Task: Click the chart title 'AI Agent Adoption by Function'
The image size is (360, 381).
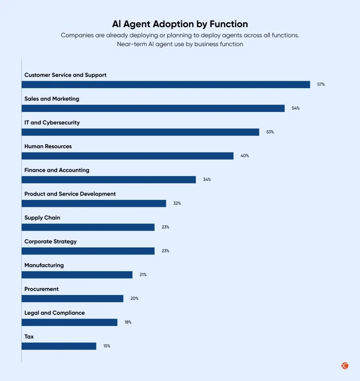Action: coord(180,24)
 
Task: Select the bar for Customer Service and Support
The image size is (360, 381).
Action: coord(165,84)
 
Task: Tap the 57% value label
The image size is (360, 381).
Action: coord(321,84)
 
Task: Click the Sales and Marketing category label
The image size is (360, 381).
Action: coord(52,99)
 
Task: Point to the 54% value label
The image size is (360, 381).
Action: coord(295,108)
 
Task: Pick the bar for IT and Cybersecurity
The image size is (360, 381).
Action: coord(140,132)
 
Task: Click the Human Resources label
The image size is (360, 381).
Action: coord(48,146)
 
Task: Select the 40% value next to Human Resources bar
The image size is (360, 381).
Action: coord(244,156)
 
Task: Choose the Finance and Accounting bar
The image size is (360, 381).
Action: coord(109,180)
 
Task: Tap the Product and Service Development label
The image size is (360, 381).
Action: coord(70,194)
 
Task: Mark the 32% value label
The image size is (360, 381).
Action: coord(177,204)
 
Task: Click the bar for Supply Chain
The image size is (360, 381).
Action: coord(88,227)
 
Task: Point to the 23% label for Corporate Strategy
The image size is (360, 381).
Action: coord(165,251)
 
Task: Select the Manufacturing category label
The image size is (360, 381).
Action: coord(44,265)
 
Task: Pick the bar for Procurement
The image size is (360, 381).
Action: coord(72,299)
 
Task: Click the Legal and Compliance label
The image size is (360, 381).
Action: coord(54,313)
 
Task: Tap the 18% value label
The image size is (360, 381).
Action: coord(128,322)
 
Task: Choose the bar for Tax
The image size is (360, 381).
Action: coord(59,346)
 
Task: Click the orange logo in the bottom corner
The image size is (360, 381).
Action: coord(345,366)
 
